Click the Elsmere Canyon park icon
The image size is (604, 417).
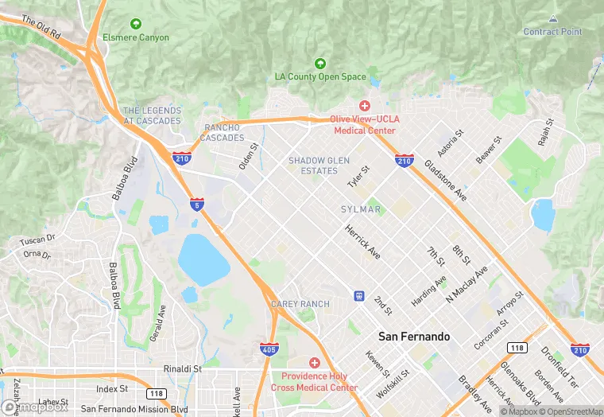(135, 24)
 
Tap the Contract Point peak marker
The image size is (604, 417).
(552, 18)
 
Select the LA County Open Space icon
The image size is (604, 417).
(320, 63)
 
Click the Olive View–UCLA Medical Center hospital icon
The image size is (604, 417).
(365, 106)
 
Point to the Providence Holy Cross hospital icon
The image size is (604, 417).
(315, 362)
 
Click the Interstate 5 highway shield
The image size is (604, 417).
(195, 205)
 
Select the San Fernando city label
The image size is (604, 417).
(414, 337)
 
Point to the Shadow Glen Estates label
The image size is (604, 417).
(319, 166)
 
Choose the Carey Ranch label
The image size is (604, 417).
(300, 304)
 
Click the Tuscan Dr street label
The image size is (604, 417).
(38, 238)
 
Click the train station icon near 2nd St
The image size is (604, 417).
(359, 296)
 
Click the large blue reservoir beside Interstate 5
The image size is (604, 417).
(203, 259)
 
